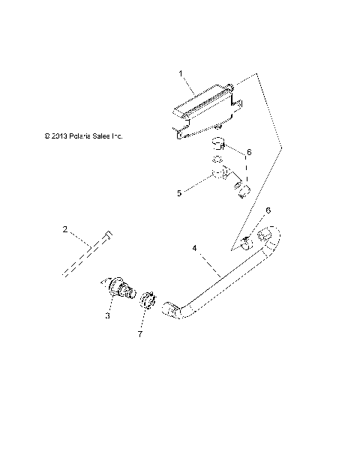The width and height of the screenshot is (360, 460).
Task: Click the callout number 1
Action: coord(181,73)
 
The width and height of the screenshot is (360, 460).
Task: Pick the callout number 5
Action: coord(179,193)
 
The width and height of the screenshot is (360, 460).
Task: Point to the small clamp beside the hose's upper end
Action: coord(247,240)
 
